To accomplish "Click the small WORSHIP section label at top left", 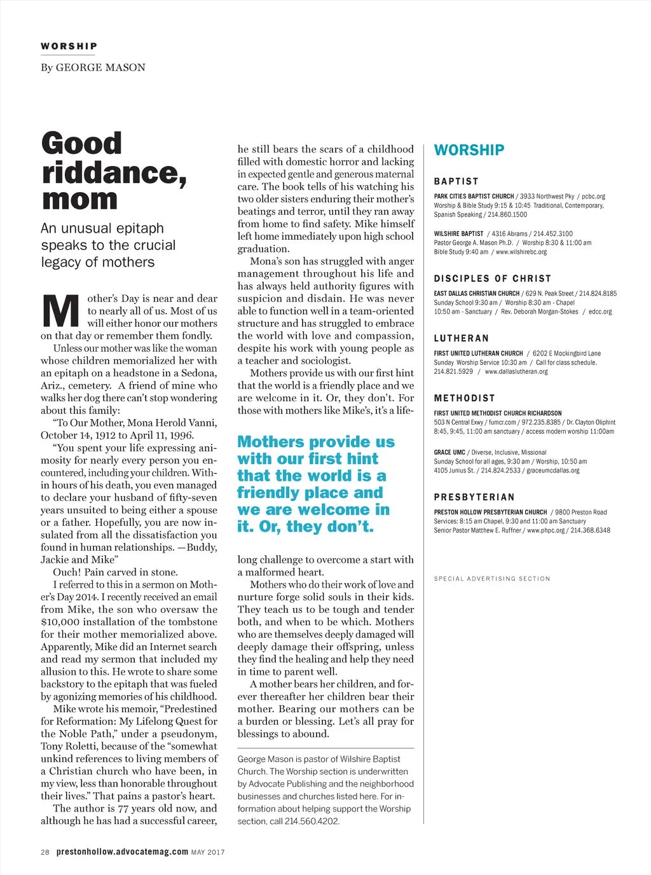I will [69, 46].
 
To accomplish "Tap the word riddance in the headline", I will [114, 172].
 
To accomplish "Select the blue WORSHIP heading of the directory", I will [469, 150].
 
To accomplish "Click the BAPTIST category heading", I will [456, 181].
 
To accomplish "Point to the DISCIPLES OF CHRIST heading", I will [492, 279].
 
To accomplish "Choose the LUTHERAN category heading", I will [461, 338].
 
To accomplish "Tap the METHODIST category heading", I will [464, 398].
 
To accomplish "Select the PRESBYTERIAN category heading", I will [474, 497].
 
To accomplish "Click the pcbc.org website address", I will [593, 196].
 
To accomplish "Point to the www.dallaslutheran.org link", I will [516, 371].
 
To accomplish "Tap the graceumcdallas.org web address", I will [552, 471].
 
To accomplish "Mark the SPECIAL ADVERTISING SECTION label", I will [492, 579].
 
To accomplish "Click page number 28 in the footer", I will [45, 852].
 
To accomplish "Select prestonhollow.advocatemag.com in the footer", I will [122, 851].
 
